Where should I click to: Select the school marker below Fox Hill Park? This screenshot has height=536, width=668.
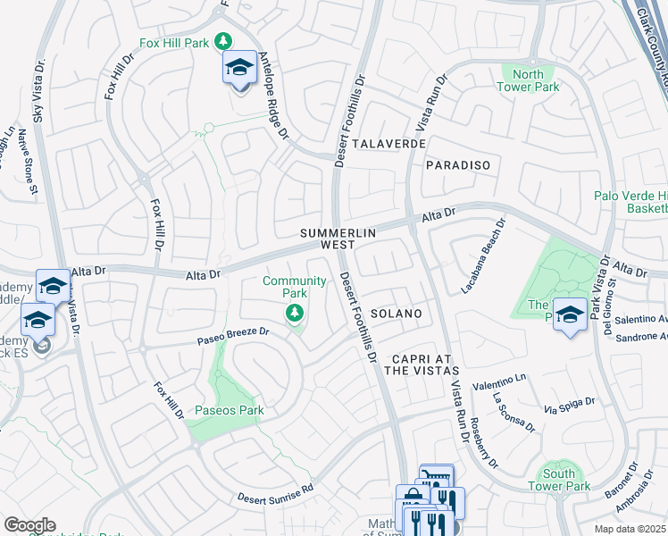click(239, 70)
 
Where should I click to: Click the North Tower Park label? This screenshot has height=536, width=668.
click(536, 80)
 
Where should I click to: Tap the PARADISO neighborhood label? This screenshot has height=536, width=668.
click(458, 165)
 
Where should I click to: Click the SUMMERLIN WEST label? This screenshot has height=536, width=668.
click(338, 239)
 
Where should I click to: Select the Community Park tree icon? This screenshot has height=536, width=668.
click(294, 313)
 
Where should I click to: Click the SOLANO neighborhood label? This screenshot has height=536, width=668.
click(396, 314)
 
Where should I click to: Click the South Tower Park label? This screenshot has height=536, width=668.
click(564, 480)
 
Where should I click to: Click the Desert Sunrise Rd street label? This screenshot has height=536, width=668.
click(276, 493)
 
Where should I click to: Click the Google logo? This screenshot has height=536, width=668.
click(29, 525)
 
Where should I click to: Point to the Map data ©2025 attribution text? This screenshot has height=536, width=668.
click(630, 529)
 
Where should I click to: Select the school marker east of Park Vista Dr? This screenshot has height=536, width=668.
click(570, 315)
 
